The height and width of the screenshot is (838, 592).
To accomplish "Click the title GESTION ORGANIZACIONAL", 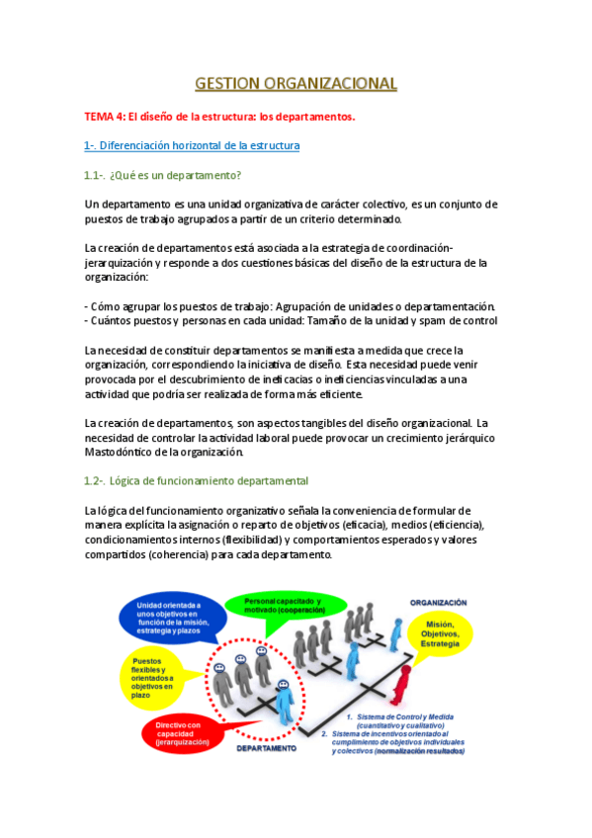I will tap(296, 83).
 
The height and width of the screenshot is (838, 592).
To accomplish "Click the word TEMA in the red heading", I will tap(101, 117).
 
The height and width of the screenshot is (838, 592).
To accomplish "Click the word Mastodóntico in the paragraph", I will tap(123, 452).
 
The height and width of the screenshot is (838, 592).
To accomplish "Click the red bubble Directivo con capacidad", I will tap(183, 733).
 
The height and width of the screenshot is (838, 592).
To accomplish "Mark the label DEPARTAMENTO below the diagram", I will tap(266, 749).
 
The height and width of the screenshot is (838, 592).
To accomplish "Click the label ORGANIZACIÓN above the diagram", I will tap(438, 601).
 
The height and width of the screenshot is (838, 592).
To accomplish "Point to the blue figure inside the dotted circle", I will tap(285, 704).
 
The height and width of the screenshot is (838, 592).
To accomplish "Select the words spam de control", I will tap(458, 320).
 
